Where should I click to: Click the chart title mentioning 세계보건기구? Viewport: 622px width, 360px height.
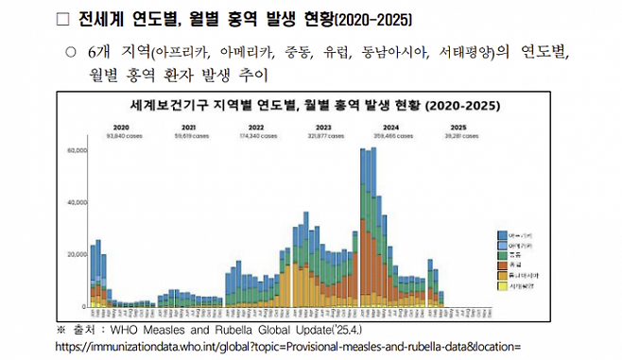pos(306,104)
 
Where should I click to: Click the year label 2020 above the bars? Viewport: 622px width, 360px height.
pos(121,127)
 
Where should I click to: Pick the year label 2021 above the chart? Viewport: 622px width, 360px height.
pos(189,127)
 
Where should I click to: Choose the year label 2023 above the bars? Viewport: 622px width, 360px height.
pos(323,127)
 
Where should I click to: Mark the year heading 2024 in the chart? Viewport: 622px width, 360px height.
pos(390,127)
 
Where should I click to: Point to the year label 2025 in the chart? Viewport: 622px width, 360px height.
pos(458,127)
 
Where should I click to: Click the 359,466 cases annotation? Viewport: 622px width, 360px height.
pos(390,135)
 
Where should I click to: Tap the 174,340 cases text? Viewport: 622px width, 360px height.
pos(256,135)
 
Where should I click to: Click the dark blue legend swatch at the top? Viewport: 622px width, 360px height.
pos(502,234)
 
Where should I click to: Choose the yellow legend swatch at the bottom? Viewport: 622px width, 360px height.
pos(502,284)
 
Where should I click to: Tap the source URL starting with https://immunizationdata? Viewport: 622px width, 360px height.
pos(287,347)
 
